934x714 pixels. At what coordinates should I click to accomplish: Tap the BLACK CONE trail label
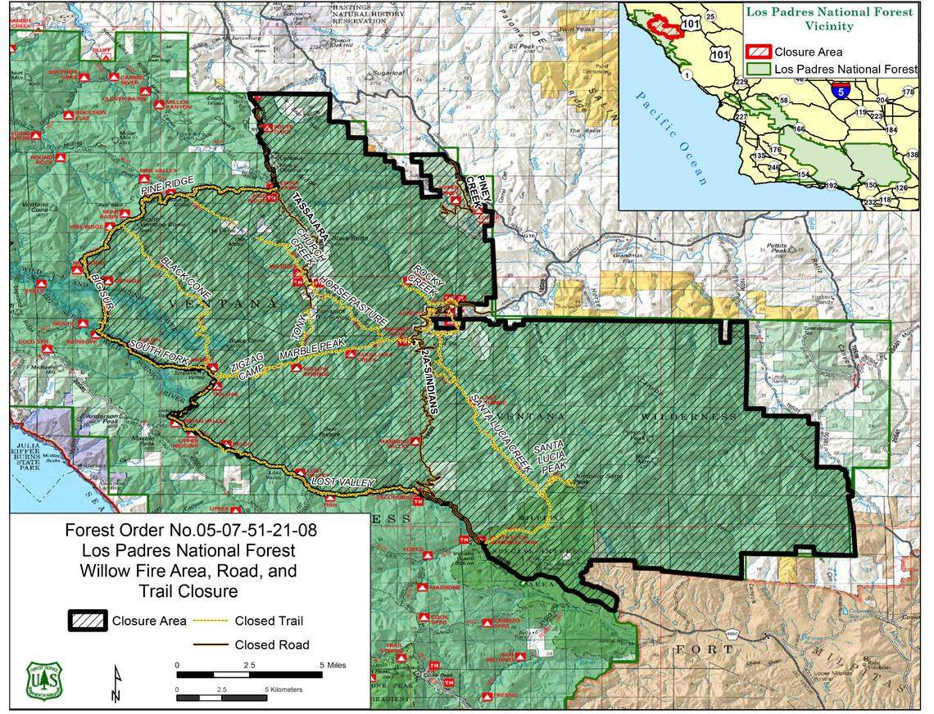(x=187, y=279)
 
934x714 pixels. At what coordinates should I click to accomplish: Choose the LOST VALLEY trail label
(x=342, y=482)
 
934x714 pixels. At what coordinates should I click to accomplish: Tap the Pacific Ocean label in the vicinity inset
(x=671, y=138)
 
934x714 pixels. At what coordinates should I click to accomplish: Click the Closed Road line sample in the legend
(x=211, y=645)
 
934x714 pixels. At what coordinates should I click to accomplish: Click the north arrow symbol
(x=117, y=684)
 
